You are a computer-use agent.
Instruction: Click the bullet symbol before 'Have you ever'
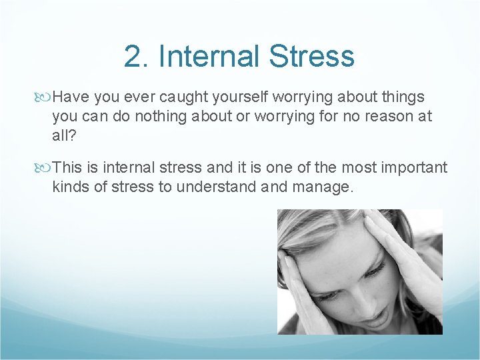pyautogui.click(x=45, y=97)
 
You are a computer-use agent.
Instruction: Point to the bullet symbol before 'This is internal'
pyautogui.click(x=45, y=168)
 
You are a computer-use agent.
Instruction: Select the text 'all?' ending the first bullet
pyautogui.click(x=63, y=136)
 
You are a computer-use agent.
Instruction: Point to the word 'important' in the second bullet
pyautogui.click(x=414, y=167)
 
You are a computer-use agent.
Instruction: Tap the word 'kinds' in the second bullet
pyautogui.click(x=69, y=187)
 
